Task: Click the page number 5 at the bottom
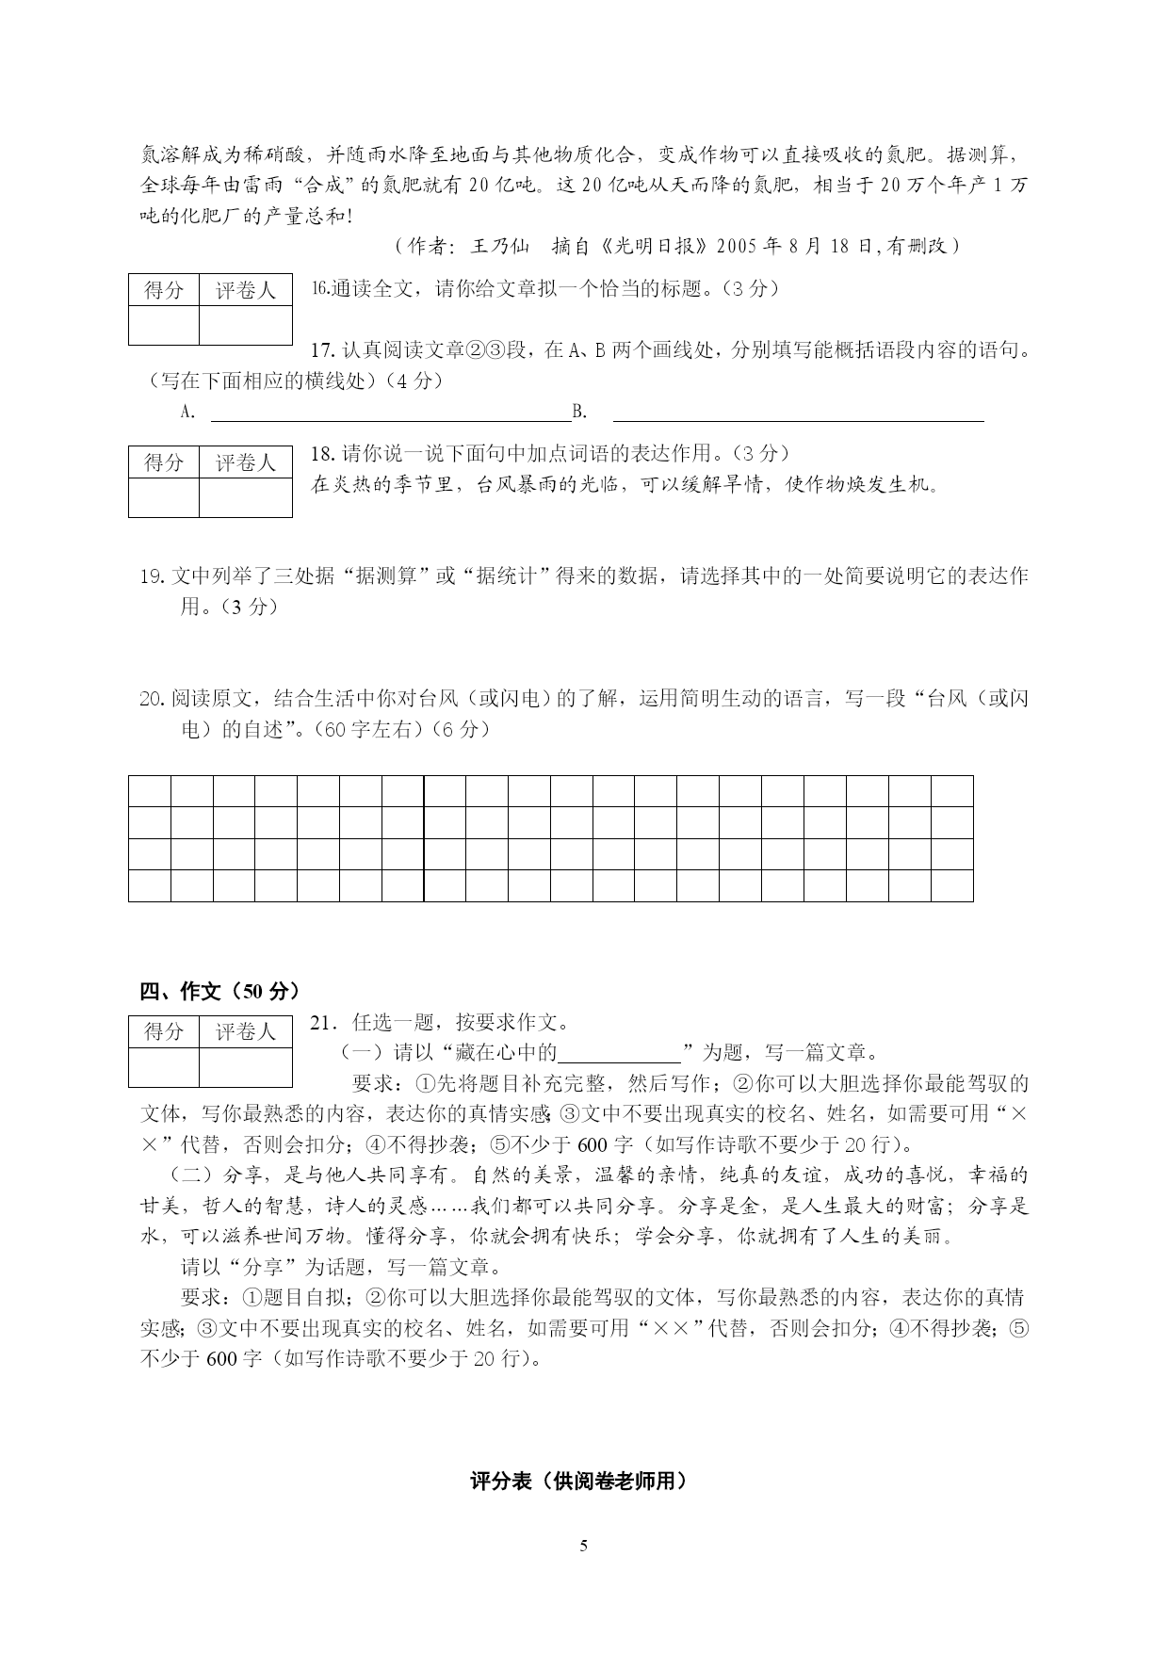584,1546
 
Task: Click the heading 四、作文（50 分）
219,991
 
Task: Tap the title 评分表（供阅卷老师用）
578,1481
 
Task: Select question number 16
319,288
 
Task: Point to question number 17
322,350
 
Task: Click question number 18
322,453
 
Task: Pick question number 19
152,575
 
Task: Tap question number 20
152,698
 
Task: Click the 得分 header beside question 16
164,291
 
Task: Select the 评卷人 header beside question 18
245,462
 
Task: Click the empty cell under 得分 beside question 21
164,1067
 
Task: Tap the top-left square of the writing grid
150,791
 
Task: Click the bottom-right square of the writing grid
951,885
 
